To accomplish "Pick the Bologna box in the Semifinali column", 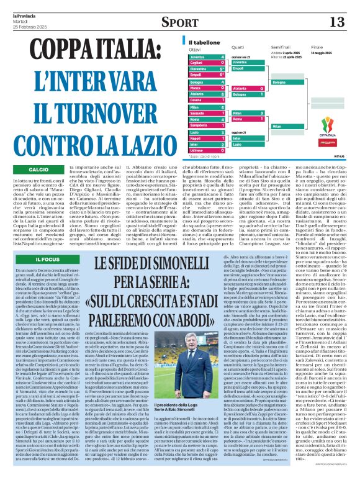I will pos(289,82).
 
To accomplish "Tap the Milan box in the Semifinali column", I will pos(289,126).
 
